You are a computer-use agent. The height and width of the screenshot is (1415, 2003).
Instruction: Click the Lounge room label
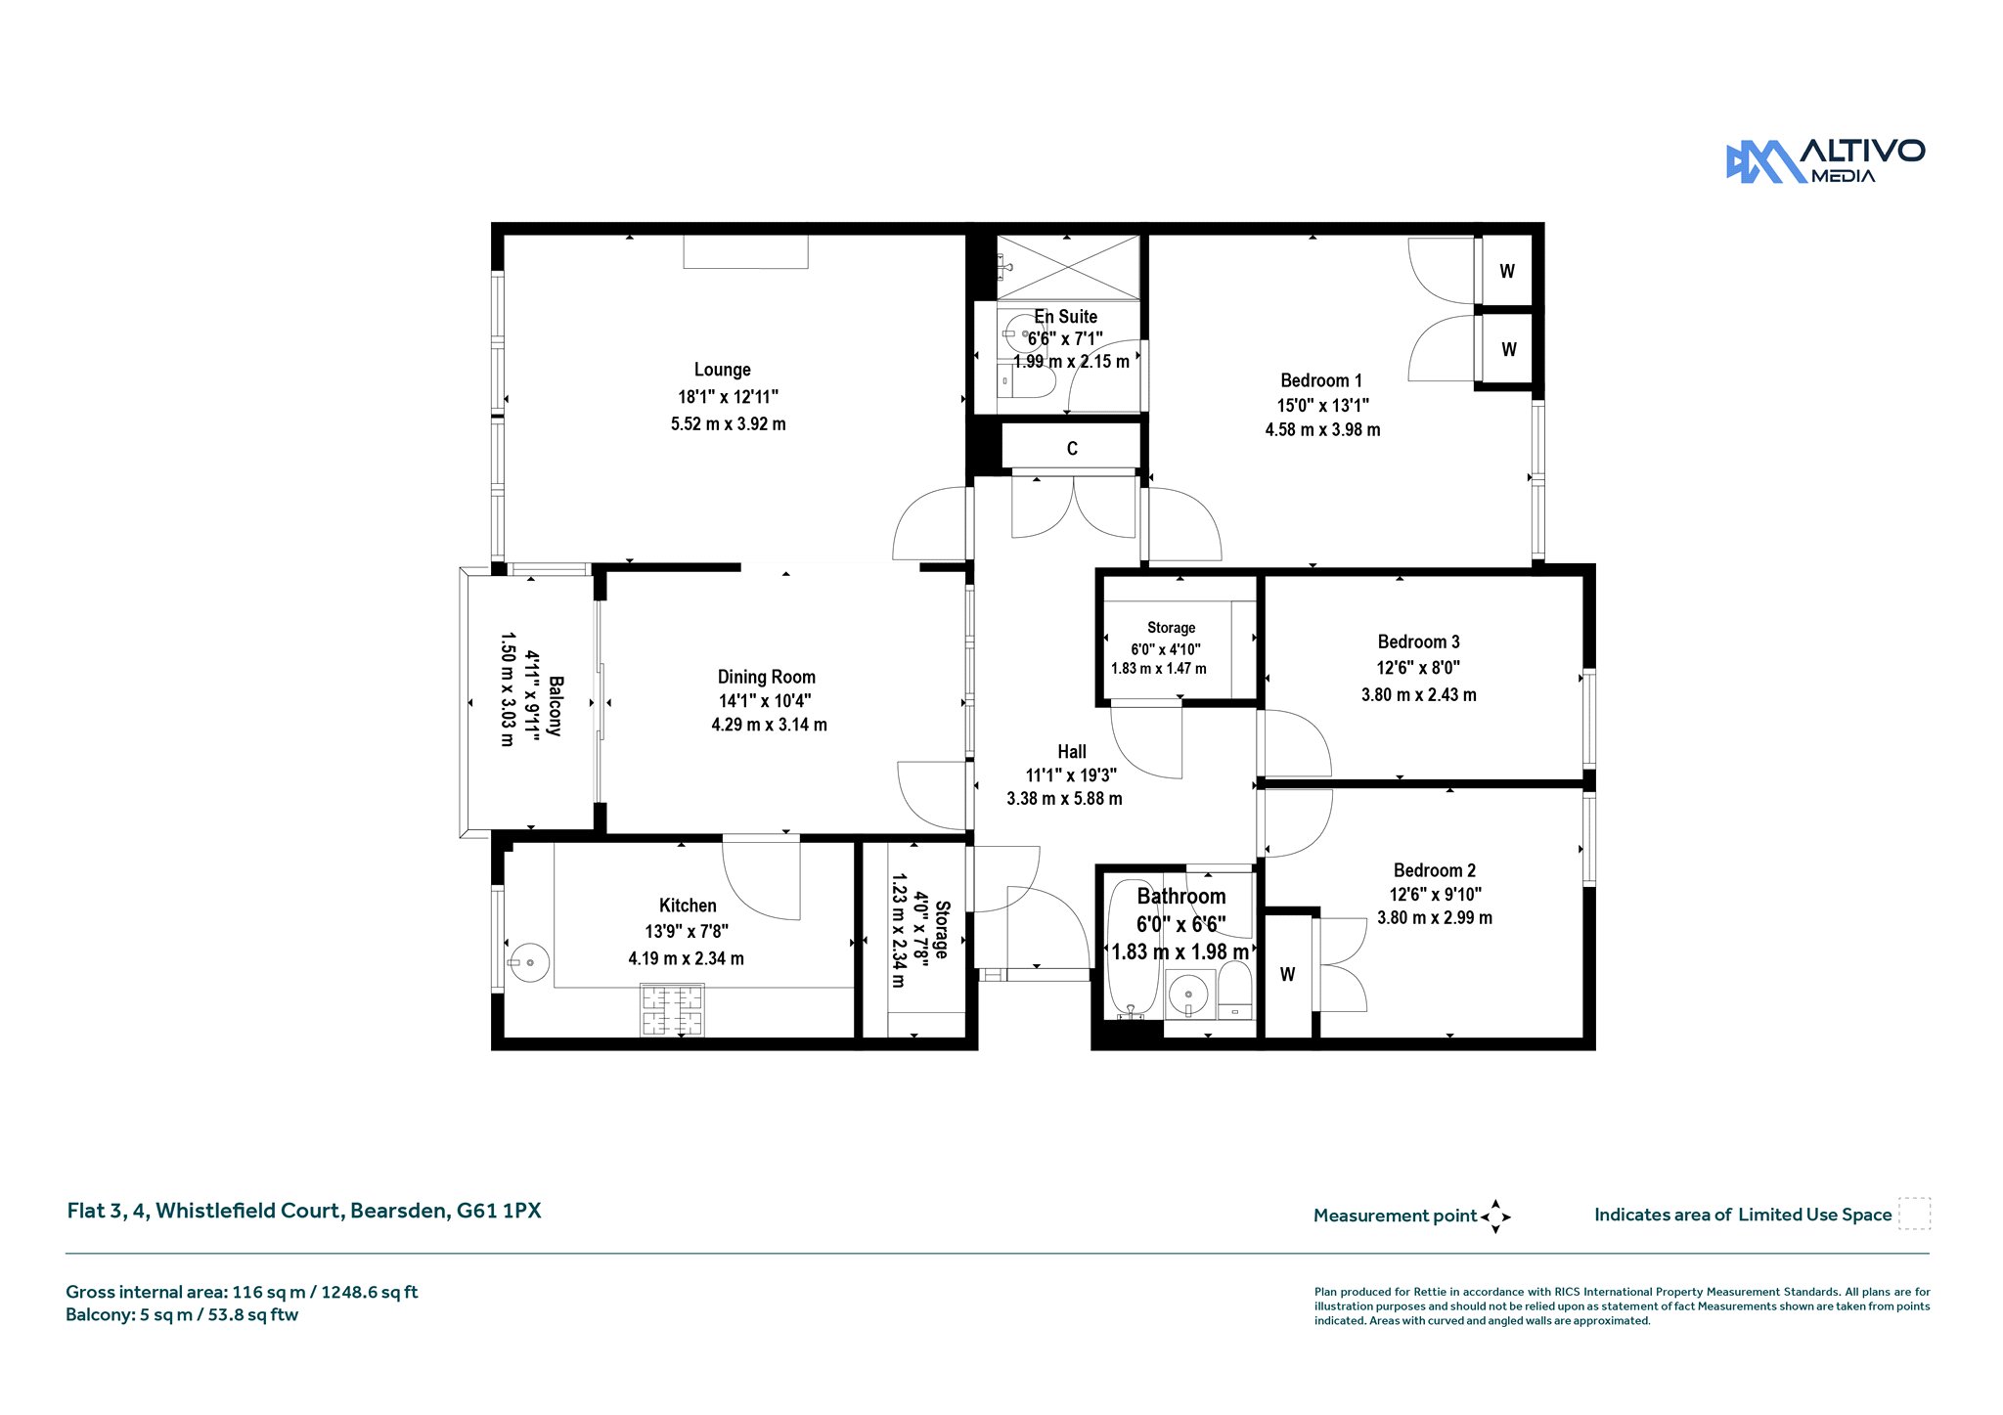(723, 370)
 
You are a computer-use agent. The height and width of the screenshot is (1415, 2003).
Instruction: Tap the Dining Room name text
(767, 677)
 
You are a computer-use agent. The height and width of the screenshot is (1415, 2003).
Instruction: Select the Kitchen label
(688, 906)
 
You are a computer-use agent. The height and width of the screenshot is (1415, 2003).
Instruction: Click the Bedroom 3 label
(1418, 641)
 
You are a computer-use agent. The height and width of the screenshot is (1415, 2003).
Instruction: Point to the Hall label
(1072, 752)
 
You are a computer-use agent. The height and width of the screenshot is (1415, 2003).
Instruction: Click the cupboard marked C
(1072, 447)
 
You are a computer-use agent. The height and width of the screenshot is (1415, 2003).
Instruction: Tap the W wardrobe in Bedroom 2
(1288, 975)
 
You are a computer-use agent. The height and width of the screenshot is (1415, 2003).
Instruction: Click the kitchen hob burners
(672, 1010)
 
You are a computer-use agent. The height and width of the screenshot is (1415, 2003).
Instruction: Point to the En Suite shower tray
(1068, 267)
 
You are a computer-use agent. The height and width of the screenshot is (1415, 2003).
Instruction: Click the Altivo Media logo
(1825, 161)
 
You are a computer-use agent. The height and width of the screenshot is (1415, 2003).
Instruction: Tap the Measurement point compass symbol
(1495, 1216)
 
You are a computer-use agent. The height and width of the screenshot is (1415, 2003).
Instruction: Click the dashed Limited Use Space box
(1914, 1214)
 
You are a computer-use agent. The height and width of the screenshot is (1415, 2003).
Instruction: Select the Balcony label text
(555, 705)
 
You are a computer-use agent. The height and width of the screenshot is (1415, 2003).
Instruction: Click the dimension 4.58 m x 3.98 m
(1322, 429)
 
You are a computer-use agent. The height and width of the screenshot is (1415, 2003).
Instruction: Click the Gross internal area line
(242, 1292)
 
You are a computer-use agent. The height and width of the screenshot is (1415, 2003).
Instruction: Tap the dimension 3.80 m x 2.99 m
(1435, 917)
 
